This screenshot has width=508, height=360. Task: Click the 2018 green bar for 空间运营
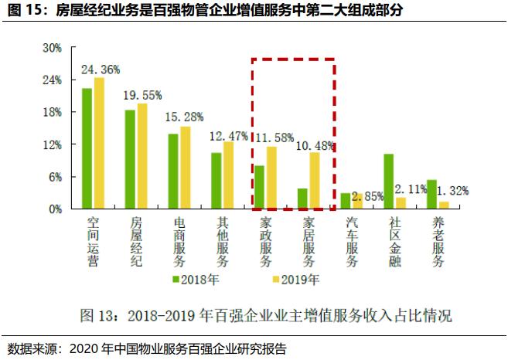pos(87,148)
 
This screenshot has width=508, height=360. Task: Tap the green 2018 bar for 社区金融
pos(389,181)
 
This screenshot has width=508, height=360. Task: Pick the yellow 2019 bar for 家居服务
pos(315,180)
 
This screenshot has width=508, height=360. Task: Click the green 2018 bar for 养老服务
pos(432,194)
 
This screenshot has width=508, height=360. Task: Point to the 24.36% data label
pos(101,70)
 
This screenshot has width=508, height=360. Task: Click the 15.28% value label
pos(185,117)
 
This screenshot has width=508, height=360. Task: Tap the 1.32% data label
pos(452,191)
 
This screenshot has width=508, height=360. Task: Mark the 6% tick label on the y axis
pos(54,177)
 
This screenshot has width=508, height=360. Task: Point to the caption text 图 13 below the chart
pos(101,316)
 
